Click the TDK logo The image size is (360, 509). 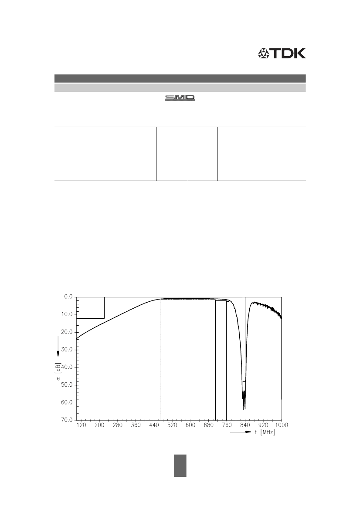pyautogui.click(x=282, y=54)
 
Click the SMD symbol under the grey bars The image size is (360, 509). pyautogui.click(x=180, y=98)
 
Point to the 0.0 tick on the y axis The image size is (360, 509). pyautogui.click(x=68, y=297)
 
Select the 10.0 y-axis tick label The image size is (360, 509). pyautogui.click(x=68, y=314)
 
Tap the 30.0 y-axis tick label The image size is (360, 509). pyautogui.click(x=68, y=350)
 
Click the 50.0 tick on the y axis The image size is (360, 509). pyautogui.click(x=68, y=385)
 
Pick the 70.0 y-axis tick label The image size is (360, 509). pyautogui.click(x=68, y=420)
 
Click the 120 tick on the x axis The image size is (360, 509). pyautogui.click(x=81, y=425)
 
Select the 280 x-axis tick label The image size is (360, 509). pyautogui.click(x=118, y=425)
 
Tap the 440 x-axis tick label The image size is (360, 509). pyautogui.click(x=154, y=425)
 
